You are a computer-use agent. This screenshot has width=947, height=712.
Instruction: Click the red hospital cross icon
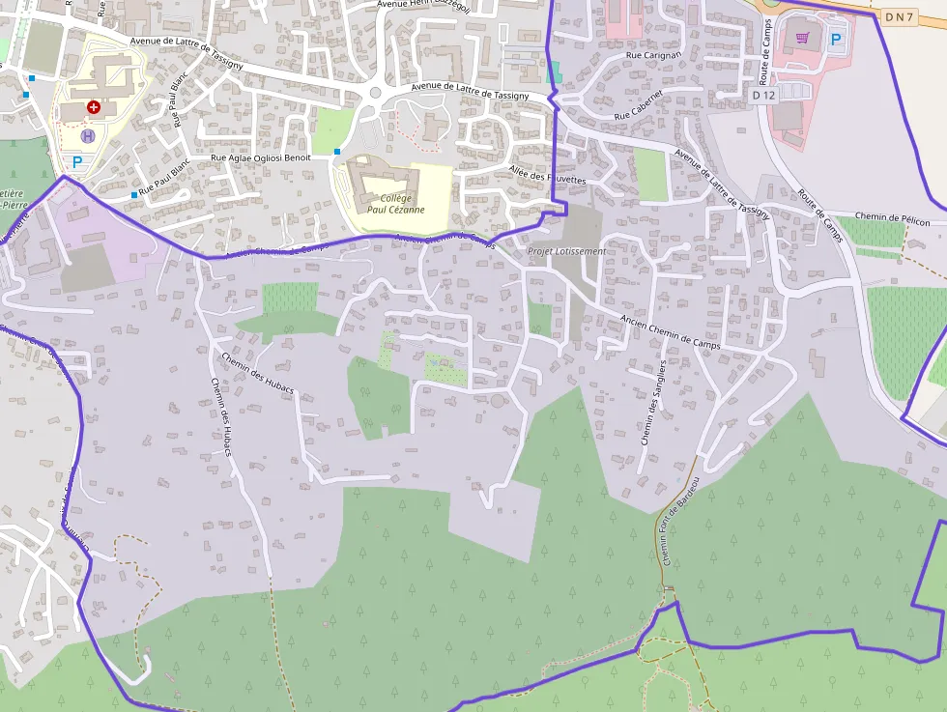[x=93, y=107]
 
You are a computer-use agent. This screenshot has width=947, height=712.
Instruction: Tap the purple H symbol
[x=88, y=136]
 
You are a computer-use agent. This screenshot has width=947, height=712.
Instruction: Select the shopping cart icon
[x=802, y=38]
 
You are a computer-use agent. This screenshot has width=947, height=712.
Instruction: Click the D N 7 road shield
[x=898, y=16]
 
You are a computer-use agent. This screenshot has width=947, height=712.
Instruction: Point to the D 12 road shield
[x=763, y=95]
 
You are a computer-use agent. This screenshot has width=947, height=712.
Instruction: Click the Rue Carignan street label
[x=654, y=56]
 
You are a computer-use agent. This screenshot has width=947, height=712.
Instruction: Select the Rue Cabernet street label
[x=639, y=107]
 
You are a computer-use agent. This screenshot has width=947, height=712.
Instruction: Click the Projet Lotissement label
[x=567, y=251]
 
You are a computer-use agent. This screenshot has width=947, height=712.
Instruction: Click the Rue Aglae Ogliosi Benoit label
[x=261, y=157]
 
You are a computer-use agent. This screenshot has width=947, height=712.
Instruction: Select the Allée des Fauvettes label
[x=547, y=175]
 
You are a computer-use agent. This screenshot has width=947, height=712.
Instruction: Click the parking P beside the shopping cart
[x=837, y=41]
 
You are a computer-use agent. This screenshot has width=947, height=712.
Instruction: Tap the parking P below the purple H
[x=76, y=162]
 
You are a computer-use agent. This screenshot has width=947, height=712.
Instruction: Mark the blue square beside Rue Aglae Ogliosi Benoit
[x=336, y=152]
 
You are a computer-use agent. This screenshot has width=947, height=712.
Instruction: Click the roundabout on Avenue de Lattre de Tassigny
[x=375, y=94]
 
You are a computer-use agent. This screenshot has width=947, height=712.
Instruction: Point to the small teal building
[x=553, y=71]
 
